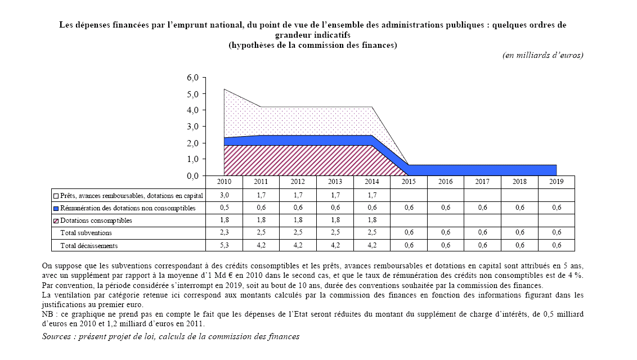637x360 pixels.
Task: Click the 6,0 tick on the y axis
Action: (192, 78)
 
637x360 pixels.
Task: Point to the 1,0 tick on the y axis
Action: (192, 160)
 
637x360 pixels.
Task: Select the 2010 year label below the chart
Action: (224, 182)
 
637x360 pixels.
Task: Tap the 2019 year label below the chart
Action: (556, 182)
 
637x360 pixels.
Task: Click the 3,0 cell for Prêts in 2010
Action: (224, 196)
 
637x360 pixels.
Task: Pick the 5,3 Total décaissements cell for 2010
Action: (224, 245)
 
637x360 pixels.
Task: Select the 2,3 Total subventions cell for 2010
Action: (224, 233)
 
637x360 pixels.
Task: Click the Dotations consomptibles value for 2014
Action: (371, 220)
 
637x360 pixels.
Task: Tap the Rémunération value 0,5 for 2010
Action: (224, 208)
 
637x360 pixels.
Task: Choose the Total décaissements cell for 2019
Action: (556, 245)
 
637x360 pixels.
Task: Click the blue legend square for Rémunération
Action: (56, 208)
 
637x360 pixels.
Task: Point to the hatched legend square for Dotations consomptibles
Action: (56, 220)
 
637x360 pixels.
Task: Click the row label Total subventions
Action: (86, 233)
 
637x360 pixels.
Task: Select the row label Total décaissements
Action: (89, 245)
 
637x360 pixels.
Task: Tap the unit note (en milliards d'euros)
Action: (542, 55)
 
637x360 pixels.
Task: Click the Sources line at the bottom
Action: (171, 336)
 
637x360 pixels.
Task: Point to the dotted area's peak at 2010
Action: (225, 90)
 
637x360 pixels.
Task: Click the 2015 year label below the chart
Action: (409, 182)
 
